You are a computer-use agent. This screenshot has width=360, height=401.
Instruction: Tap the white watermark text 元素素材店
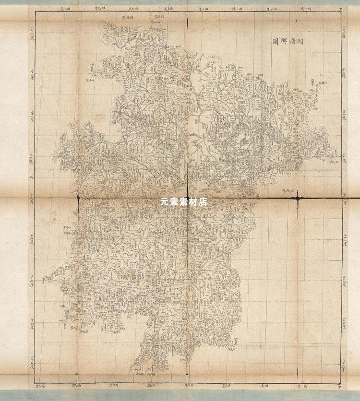(184, 202)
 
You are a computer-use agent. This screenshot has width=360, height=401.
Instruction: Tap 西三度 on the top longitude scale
(237, 9)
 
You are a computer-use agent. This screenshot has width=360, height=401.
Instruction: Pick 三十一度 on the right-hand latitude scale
(344, 115)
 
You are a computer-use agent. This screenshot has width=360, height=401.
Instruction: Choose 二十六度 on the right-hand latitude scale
(344, 326)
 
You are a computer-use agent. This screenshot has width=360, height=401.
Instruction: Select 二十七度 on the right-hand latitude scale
(344, 283)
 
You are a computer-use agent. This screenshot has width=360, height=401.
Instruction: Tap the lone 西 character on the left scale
(32, 177)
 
